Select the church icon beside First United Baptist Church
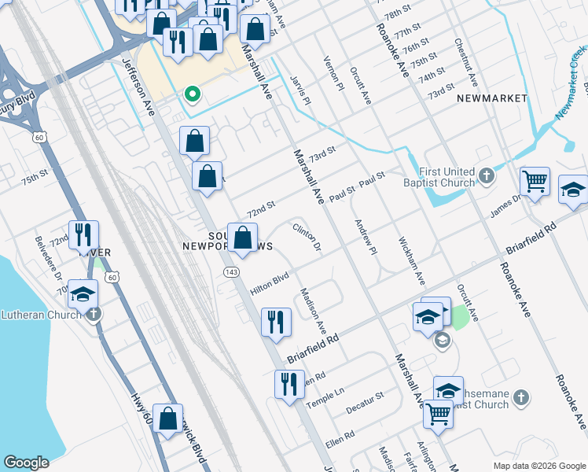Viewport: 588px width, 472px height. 487,175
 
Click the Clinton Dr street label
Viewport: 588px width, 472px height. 307,238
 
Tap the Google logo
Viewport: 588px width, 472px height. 26,463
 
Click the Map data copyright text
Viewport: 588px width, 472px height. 538,466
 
